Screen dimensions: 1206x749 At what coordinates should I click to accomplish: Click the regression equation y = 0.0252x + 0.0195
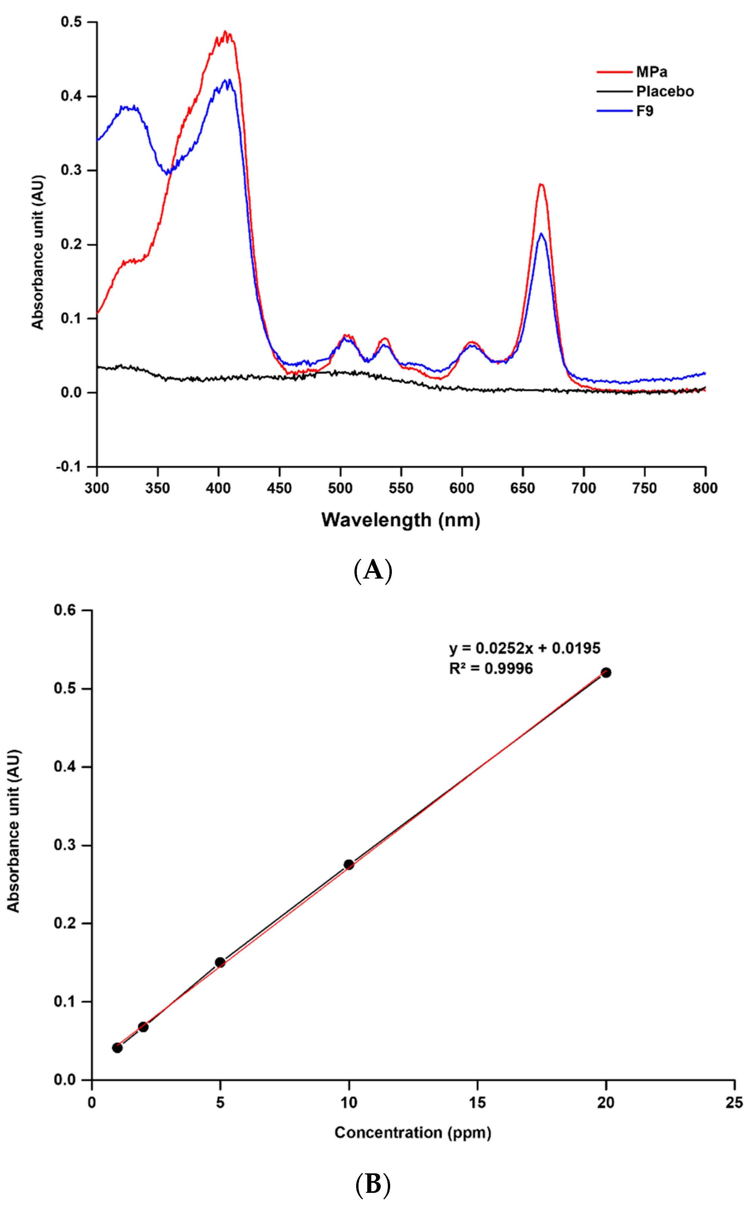click(x=524, y=648)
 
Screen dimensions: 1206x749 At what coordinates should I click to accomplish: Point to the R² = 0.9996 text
click(x=491, y=668)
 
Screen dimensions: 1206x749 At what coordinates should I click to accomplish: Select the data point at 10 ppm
click(x=349, y=864)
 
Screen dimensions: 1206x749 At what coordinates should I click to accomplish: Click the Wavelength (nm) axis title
click(x=401, y=520)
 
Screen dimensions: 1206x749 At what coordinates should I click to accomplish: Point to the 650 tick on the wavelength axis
click(x=522, y=488)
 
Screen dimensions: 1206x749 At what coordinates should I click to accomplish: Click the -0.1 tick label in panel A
click(x=68, y=467)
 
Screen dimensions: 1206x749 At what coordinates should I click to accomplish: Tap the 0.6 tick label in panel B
click(x=65, y=610)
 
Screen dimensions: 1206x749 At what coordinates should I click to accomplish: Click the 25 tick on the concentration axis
click(x=734, y=1102)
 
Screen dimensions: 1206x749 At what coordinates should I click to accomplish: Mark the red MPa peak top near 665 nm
click(x=541, y=185)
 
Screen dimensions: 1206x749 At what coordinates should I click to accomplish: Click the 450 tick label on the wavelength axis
click(x=279, y=488)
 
